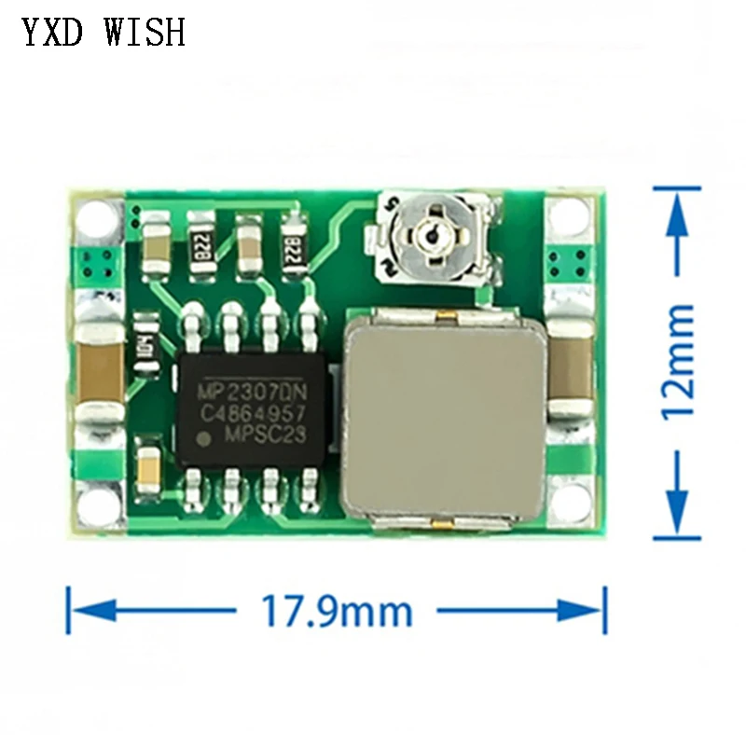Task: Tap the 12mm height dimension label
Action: pos(679,361)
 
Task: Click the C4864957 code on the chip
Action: pos(253,410)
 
